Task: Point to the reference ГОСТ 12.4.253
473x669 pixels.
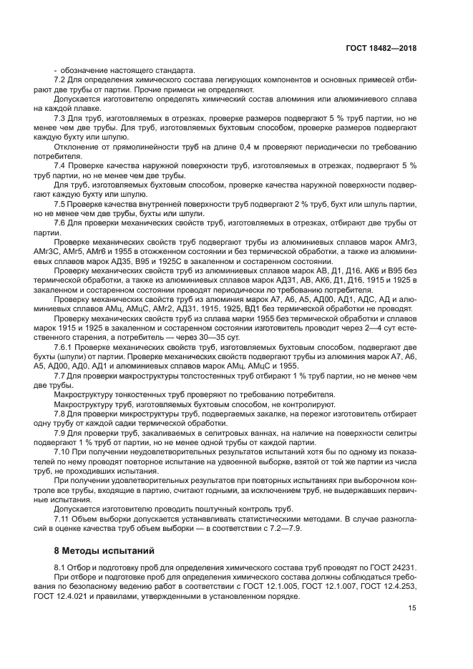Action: click(x=391, y=585)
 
